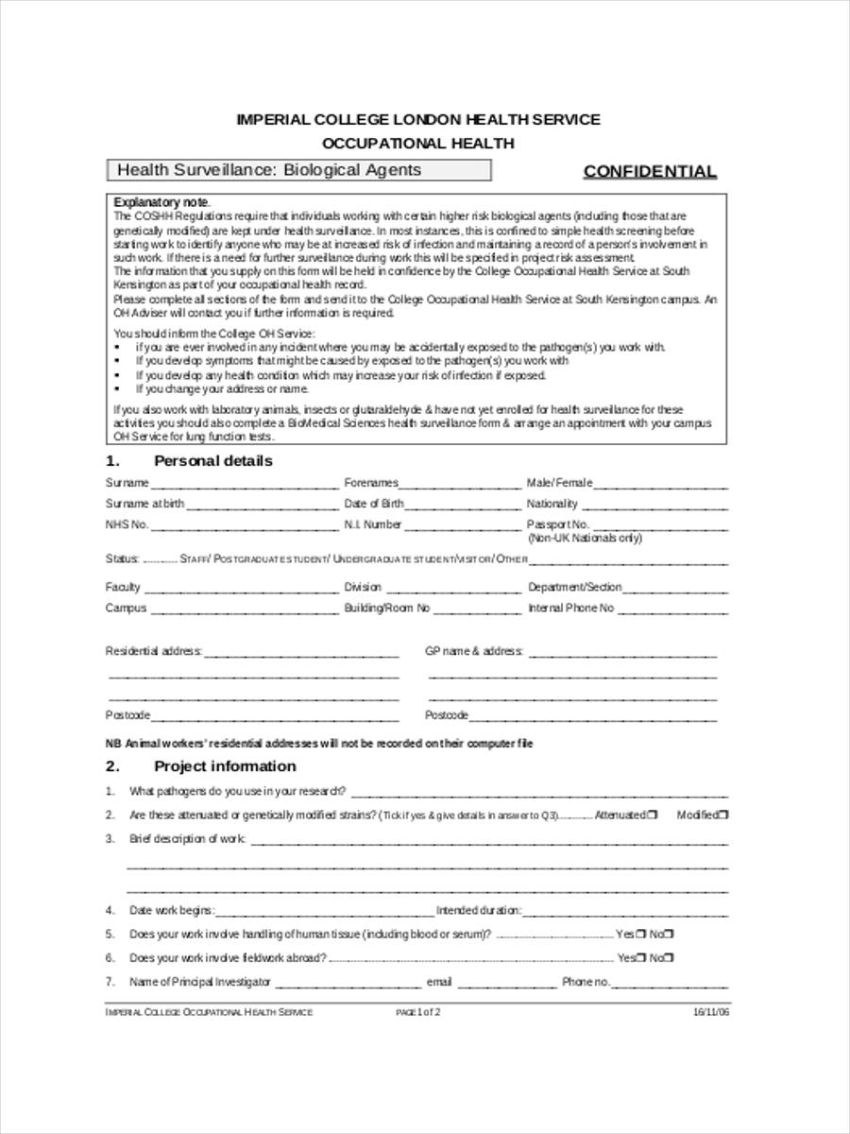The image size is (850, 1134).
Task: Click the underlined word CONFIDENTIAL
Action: pyautogui.click(x=650, y=171)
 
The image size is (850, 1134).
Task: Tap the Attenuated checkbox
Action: pyautogui.click(x=654, y=815)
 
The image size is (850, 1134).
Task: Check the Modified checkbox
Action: pyautogui.click(x=724, y=815)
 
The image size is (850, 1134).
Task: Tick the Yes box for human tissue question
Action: pyautogui.click(x=640, y=935)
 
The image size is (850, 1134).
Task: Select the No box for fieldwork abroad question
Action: pyautogui.click(x=670, y=958)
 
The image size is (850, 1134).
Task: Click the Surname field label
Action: pyautogui.click(x=127, y=483)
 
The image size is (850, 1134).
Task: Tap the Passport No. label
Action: pyautogui.click(x=557, y=524)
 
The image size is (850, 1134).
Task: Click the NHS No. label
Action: pyautogui.click(x=127, y=524)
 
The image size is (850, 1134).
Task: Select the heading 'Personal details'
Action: pyautogui.click(x=212, y=461)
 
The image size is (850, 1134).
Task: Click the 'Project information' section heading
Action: pyautogui.click(x=225, y=766)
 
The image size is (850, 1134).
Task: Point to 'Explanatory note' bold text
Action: pyautogui.click(x=161, y=203)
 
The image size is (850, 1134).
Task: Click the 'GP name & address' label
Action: pyautogui.click(x=474, y=652)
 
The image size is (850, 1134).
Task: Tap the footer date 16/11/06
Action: pyautogui.click(x=711, y=1012)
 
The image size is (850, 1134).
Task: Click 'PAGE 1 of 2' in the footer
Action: pyautogui.click(x=418, y=1012)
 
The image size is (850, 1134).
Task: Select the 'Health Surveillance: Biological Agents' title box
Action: pyautogui.click(x=298, y=170)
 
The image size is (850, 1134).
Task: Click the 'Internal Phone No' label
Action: pyautogui.click(x=570, y=609)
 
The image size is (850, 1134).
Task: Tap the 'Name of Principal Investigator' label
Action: pyautogui.click(x=200, y=982)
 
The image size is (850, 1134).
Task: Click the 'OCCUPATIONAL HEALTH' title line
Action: pyautogui.click(x=418, y=144)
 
